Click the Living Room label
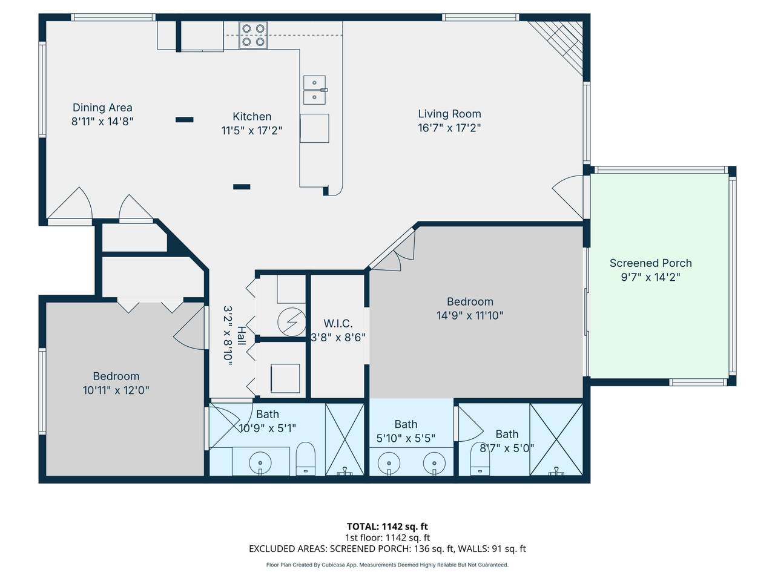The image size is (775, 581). pos(449,114)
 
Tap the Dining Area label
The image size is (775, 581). pos(102,108)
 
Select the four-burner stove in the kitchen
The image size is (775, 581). pos(253,35)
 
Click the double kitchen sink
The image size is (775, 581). pos(315,90)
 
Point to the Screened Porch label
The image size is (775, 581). pos(651,263)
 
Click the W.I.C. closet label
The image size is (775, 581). pos(338,323)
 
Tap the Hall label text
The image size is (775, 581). pos(242,336)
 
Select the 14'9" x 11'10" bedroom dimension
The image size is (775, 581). pos(470,315)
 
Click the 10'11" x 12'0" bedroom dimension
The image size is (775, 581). pos(116,390)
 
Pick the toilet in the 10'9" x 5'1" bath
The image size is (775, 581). pos(305,459)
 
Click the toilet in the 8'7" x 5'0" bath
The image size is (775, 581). pos(480,459)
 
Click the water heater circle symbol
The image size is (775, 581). pos(292,322)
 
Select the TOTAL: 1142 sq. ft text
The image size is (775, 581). pos(387,527)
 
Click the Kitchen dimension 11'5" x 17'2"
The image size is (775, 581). pos(252,131)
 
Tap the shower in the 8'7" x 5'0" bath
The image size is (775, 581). pos(556,439)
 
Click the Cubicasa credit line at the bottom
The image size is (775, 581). pos(387,565)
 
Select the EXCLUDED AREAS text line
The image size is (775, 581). pos(387,549)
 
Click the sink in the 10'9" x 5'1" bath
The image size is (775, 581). pos(260,462)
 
